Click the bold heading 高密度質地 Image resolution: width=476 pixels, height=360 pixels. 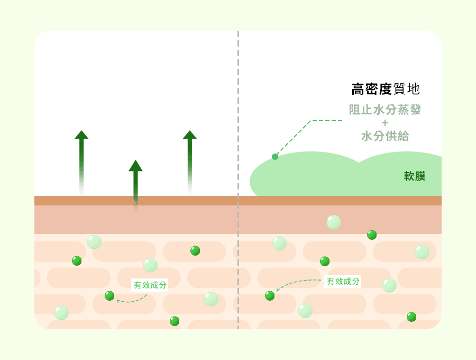point(385,89)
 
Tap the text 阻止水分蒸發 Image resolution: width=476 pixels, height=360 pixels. point(385,110)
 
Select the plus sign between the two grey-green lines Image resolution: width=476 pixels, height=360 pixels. point(385,123)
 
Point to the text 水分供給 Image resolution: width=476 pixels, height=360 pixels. point(385,136)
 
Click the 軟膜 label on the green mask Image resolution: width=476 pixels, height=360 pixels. point(414,176)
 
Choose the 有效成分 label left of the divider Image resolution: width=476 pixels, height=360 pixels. point(150,285)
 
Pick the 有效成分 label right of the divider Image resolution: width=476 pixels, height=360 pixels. point(343,281)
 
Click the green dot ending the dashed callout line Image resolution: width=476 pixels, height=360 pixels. point(275,157)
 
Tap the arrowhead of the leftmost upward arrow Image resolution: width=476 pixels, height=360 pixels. point(81,134)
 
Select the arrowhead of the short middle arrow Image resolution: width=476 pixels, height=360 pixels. point(135,166)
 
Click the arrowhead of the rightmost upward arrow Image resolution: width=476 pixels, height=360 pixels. point(190,134)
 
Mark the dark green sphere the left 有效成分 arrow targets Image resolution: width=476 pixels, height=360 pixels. point(109,295)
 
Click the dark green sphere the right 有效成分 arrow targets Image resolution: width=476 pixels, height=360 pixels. point(270,295)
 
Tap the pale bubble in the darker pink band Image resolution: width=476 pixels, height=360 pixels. point(334,222)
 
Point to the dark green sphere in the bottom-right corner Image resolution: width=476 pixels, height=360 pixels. point(411,317)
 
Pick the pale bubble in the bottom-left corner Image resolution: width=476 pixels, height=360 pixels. point(61,312)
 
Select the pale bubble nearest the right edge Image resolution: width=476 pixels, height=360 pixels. point(422,252)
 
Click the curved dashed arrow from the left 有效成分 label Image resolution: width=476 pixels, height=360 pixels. point(132,299)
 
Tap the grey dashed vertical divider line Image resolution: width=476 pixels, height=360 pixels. point(239,180)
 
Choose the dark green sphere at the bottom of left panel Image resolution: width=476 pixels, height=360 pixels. point(175,321)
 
